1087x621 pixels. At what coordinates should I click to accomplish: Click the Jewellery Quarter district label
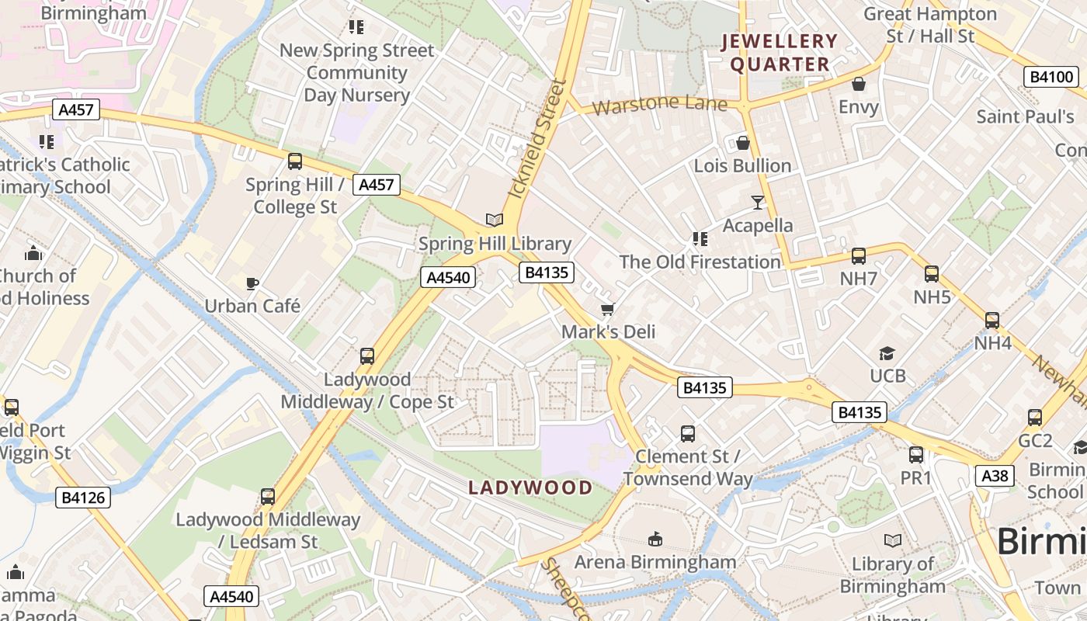tap(780, 53)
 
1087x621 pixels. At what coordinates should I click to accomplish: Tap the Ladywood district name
tap(530, 487)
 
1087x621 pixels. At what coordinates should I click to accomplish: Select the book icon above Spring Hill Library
tap(495, 220)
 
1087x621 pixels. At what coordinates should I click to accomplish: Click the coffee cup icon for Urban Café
tap(252, 283)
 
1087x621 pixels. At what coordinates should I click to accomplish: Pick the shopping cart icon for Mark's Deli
tap(608, 309)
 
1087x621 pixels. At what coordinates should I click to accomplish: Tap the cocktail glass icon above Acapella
tap(758, 203)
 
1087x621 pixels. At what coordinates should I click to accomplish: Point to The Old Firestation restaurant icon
tap(700, 239)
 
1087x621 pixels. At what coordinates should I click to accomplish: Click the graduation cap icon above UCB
tap(887, 354)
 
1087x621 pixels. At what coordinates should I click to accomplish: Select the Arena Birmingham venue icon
tap(655, 539)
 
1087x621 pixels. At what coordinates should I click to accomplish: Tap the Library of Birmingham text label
tap(893, 575)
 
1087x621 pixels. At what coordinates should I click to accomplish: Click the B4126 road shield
tap(83, 498)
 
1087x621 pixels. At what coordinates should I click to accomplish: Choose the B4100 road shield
tap(1051, 77)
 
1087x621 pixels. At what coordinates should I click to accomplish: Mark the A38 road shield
tap(995, 475)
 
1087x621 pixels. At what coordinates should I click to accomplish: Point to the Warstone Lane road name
tap(659, 104)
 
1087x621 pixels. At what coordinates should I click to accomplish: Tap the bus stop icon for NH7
tap(859, 255)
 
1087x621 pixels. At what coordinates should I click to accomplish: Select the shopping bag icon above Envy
tap(859, 84)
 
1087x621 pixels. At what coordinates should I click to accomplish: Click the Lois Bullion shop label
tap(742, 166)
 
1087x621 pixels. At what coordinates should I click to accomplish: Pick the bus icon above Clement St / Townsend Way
tap(687, 434)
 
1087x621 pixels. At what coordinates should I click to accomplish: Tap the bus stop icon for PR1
tap(916, 455)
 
